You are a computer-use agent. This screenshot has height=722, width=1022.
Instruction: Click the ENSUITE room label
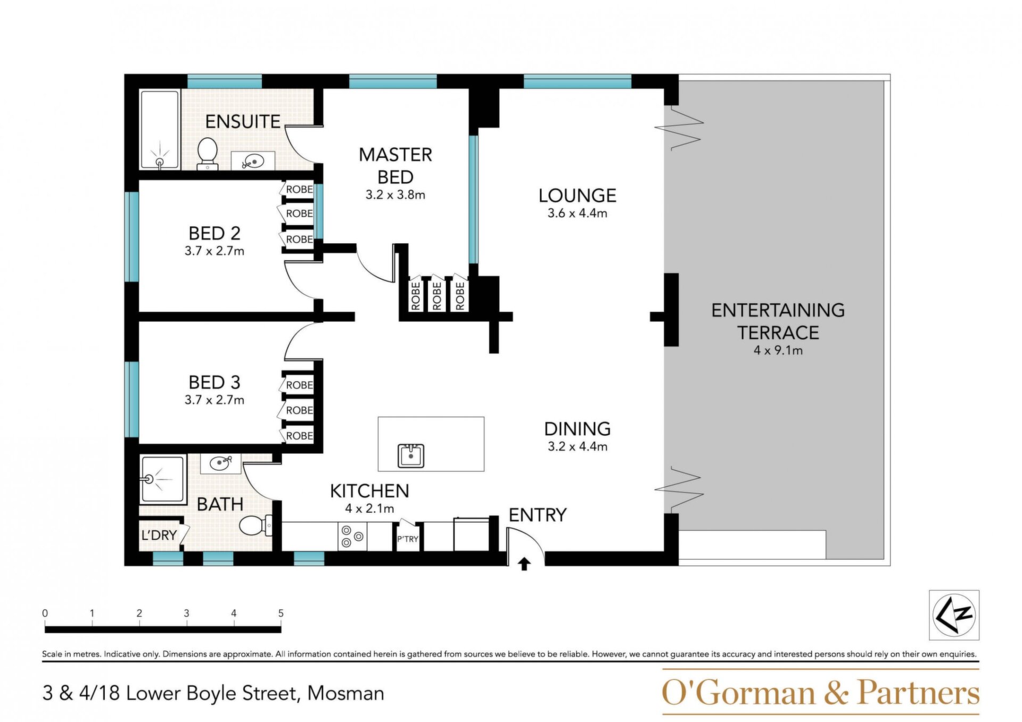point(243,121)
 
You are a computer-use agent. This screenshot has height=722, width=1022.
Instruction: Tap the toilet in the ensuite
point(207,154)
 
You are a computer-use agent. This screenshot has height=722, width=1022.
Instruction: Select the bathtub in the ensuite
point(160,129)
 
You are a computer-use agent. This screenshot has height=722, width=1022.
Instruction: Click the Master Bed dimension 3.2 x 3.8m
point(395,195)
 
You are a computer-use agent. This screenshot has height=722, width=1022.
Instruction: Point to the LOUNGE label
point(577,195)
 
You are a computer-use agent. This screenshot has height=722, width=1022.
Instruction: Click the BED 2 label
point(215,233)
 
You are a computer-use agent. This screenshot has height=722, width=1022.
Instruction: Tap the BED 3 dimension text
point(215,400)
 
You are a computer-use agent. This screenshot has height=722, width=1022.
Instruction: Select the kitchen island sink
point(411,456)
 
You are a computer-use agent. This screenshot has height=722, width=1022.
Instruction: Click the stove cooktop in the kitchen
point(352,536)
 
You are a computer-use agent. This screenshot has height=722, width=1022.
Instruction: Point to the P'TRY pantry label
point(408,539)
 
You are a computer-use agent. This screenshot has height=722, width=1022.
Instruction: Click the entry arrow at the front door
point(524,564)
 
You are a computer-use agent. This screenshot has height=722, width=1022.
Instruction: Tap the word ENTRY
point(538,515)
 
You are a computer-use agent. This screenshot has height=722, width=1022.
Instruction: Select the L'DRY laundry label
point(159,535)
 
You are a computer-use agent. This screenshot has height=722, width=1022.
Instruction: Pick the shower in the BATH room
point(163,479)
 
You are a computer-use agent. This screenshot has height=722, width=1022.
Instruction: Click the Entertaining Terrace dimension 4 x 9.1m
point(778,350)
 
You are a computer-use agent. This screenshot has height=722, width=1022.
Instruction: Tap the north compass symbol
point(954,615)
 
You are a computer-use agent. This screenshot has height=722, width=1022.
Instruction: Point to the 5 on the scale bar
point(281,613)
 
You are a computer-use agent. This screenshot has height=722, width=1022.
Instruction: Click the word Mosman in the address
point(346,693)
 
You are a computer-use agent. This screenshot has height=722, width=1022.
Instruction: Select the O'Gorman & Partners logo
point(820,692)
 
